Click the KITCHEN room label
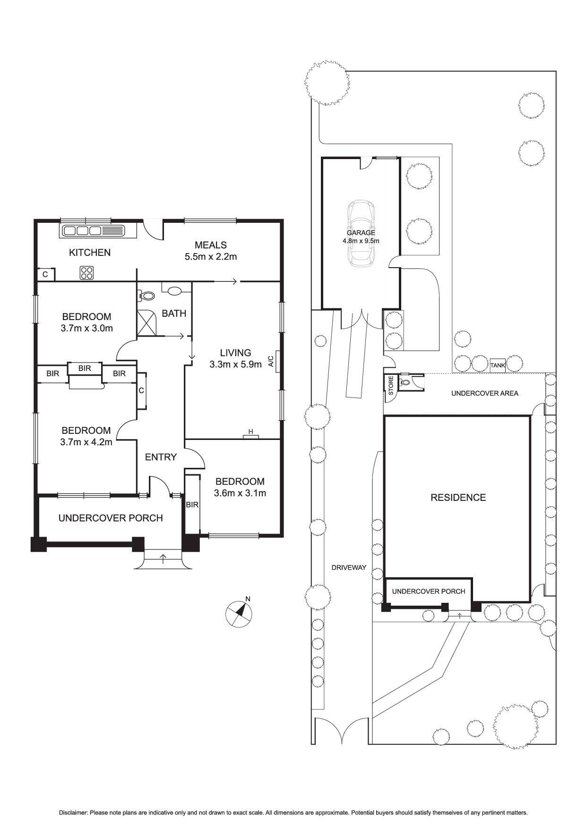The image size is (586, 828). tap(90, 253)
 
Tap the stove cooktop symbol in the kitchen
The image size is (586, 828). tap(87, 272)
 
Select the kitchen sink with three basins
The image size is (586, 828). tap(83, 231)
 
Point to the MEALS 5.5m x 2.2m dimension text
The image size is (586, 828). tap(210, 257)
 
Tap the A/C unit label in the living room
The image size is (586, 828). tap(271, 362)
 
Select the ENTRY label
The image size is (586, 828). tap(161, 457)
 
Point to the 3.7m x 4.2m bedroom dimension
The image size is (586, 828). tap(86, 442)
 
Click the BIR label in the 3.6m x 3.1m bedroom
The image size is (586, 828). tap(192, 505)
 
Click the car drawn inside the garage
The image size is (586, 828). tap(361, 234)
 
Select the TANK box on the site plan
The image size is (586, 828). tap(498, 365)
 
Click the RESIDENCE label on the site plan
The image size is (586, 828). tap(458, 497)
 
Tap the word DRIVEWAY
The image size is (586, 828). tap(349, 567)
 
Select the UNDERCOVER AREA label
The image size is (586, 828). tap(485, 393)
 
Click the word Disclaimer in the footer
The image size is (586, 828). tap(73, 812)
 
